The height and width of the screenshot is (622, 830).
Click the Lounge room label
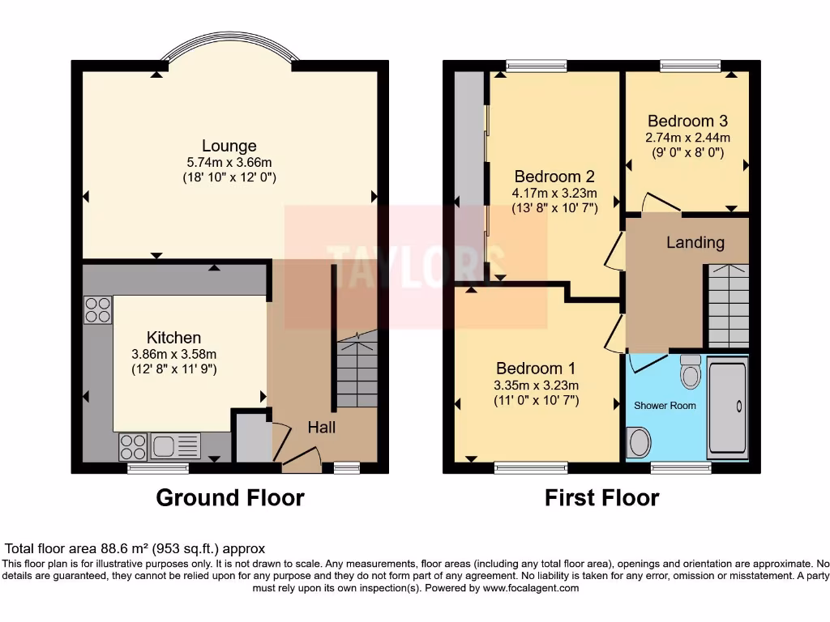click(x=229, y=146)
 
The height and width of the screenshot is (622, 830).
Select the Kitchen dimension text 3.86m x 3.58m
click(x=174, y=354)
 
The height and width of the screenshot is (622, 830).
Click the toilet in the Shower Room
click(x=691, y=372)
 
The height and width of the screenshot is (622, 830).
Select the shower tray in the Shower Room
click(x=728, y=410)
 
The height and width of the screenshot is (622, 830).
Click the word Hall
click(x=321, y=428)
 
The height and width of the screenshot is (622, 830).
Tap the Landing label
click(x=695, y=242)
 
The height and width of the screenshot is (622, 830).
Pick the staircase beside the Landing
click(x=728, y=306)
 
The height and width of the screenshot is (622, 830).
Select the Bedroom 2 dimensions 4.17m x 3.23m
click(x=554, y=193)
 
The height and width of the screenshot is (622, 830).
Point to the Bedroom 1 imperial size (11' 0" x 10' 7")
click(x=537, y=400)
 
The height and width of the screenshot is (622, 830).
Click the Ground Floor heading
click(x=229, y=497)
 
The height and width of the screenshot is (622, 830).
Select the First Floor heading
click(x=601, y=497)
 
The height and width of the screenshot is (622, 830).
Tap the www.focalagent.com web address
click(x=530, y=588)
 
